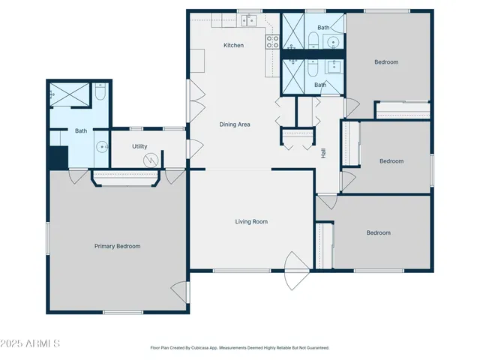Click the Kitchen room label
[x=233, y=46]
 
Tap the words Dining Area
[x=234, y=124]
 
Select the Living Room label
[x=251, y=221]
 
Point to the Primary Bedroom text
[x=117, y=246]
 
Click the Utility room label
[x=139, y=146]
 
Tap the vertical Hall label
[x=324, y=153]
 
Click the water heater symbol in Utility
[x=153, y=160]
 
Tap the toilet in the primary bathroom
[x=101, y=93]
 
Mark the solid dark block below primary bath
[x=57, y=157]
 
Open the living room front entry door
[x=296, y=271]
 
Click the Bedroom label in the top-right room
[x=386, y=61]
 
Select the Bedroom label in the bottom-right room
[x=378, y=232]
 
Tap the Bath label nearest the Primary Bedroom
[x=80, y=131]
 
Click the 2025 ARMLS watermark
[x=31, y=343]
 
